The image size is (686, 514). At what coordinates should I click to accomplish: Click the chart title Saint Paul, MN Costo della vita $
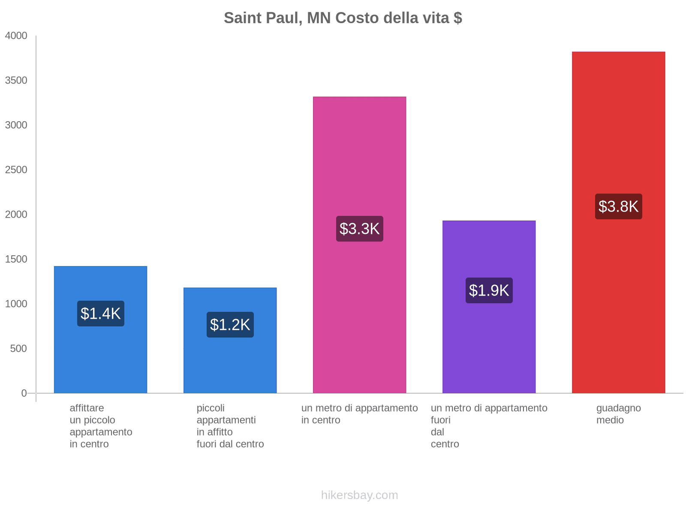343,18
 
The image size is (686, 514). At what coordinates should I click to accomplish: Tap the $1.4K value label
101,314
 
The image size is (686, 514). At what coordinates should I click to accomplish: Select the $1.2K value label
230,325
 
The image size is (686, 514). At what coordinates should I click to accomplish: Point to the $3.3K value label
359,229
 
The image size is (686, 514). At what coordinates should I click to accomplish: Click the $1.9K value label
489,290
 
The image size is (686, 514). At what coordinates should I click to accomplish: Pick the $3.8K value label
618,206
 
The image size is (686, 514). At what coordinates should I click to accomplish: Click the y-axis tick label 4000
16,36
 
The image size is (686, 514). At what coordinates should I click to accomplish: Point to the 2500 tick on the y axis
16,170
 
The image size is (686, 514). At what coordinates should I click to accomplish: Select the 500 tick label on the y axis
18,349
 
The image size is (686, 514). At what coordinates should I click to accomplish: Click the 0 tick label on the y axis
24,393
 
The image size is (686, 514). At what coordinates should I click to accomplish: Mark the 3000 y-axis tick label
16,125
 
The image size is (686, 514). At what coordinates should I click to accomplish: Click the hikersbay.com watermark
359,495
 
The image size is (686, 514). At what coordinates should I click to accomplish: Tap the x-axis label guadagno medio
618,414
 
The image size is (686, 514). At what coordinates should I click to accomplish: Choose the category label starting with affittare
101,426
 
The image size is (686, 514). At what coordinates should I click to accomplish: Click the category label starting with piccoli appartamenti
230,426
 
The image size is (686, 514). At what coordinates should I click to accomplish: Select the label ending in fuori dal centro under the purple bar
489,426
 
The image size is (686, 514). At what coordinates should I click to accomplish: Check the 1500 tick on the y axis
16,259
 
